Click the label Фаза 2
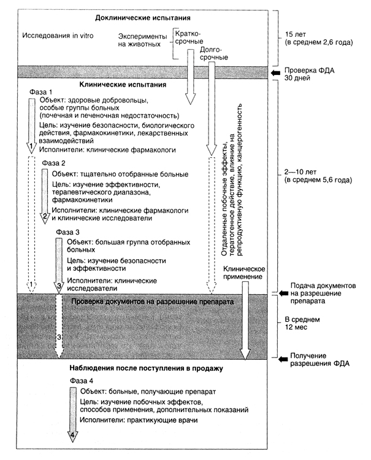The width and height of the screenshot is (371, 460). point(55,163)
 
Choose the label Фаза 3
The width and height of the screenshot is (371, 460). point(67,232)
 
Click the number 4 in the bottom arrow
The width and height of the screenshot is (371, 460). point(73,436)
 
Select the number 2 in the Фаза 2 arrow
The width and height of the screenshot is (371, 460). point(44,217)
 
